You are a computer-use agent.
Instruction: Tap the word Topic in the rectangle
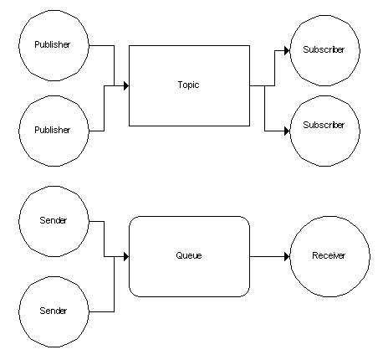(x=189, y=85)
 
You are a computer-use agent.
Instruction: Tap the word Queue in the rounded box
(x=189, y=255)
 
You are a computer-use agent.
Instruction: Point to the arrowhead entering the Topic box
(x=126, y=85)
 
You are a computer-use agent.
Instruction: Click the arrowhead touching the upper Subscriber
(x=287, y=51)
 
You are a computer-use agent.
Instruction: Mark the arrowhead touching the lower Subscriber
(x=287, y=131)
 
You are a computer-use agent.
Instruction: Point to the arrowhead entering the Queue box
(x=126, y=256)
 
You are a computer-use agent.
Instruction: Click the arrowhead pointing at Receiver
(x=287, y=256)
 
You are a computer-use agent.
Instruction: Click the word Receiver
(x=329, y=255)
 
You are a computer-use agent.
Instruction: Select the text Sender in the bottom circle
(x=54, y=311)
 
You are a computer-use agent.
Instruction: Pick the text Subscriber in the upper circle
(x=324, y=49)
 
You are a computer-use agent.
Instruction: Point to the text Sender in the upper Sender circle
(x=54, y=220)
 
